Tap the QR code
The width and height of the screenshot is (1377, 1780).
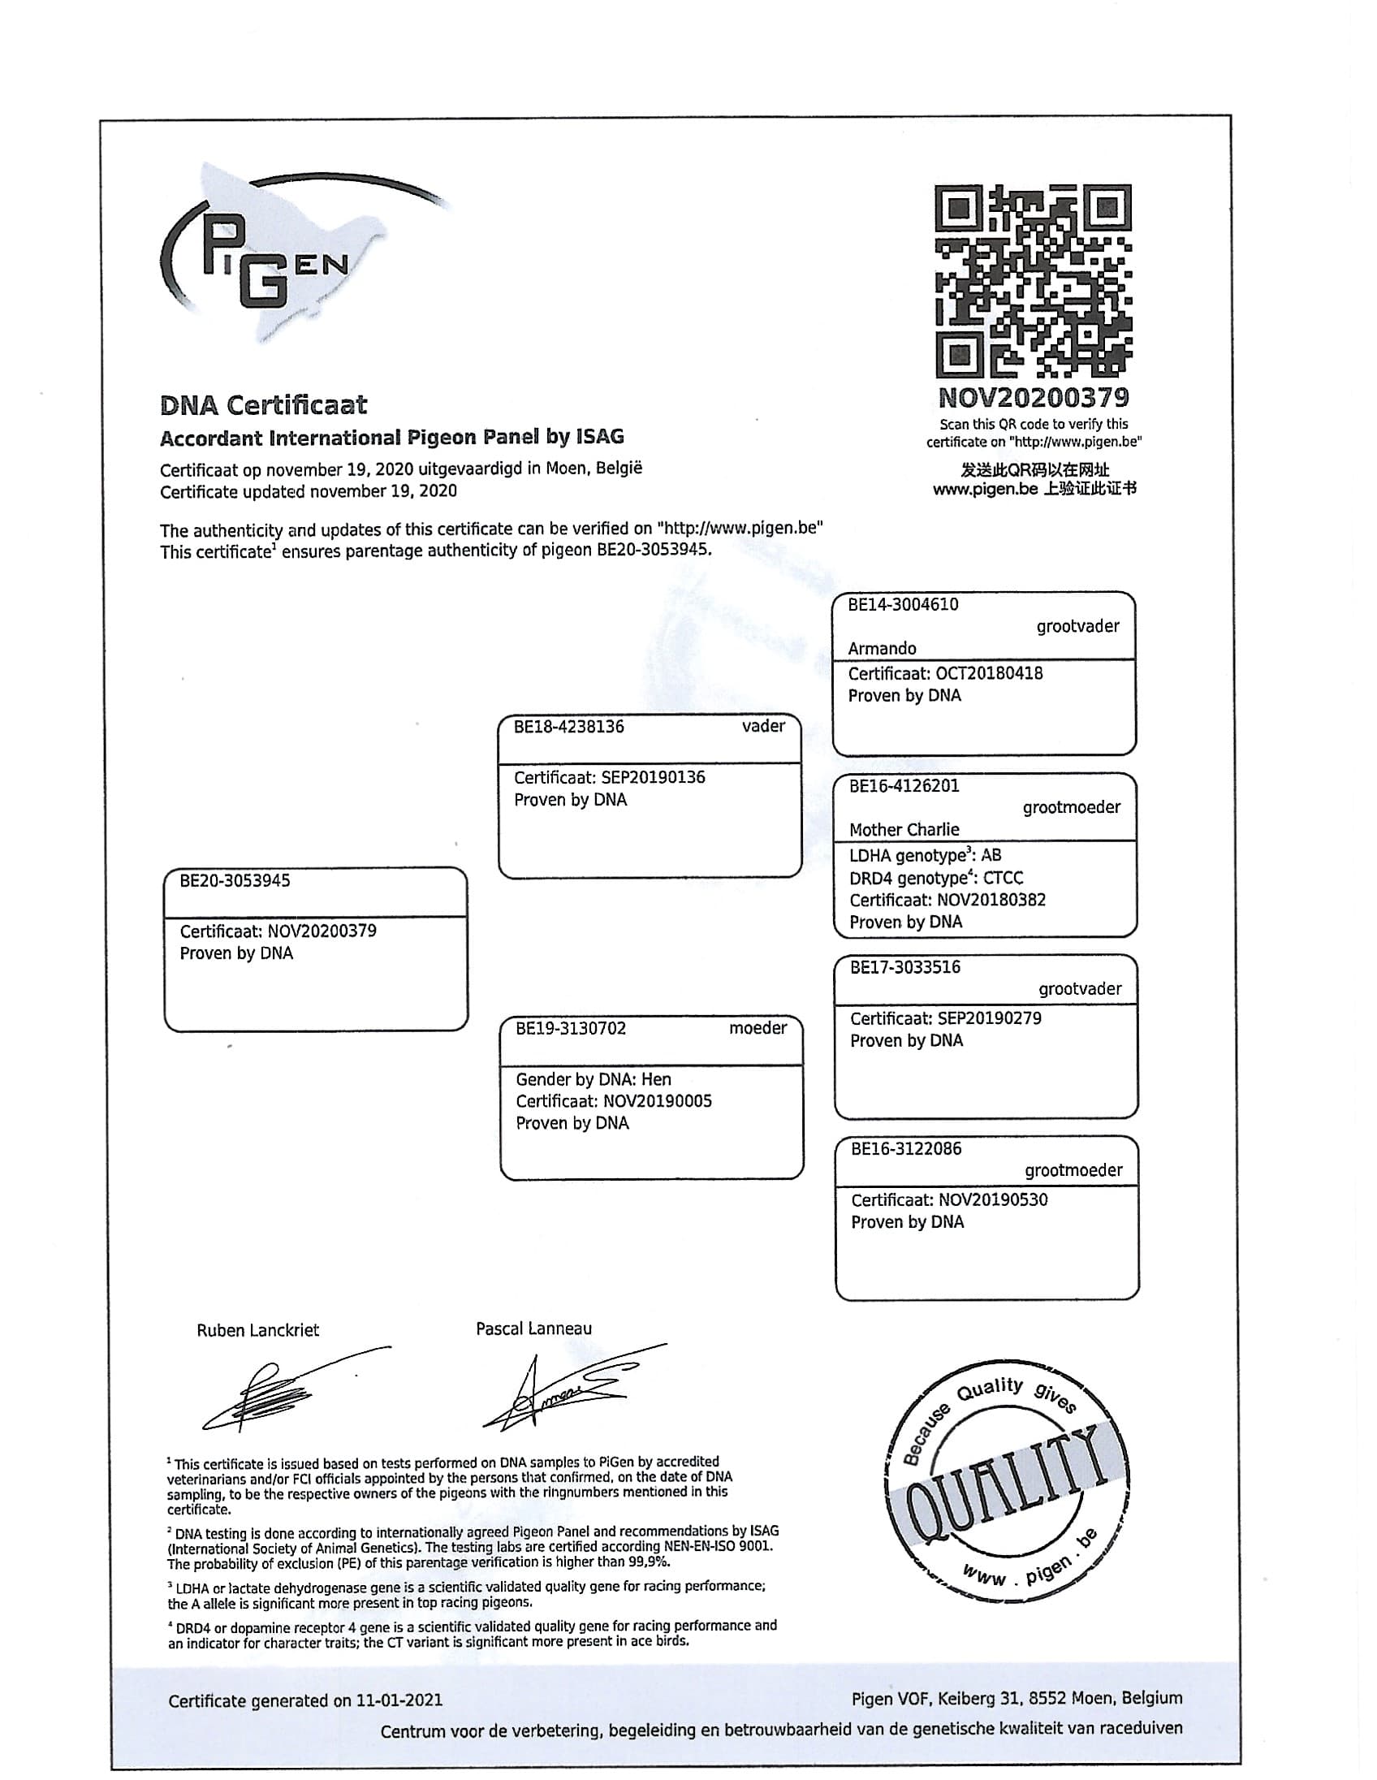pos(1032,281)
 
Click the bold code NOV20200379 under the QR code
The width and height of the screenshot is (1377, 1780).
pos(1034,399)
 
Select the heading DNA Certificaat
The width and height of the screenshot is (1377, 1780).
pos(263,405)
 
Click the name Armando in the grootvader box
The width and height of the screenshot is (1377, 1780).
pos(882,649)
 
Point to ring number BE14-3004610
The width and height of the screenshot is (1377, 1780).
pos(903,605)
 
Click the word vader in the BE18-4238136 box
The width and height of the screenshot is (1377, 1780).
pos(763,726)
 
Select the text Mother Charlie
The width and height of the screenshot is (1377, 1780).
pos(904,830)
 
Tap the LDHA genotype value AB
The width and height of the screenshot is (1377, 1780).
pos(991,855)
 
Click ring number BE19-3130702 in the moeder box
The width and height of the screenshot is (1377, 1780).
pos(570,1029)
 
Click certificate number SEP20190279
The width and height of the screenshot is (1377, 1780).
pos(989,1018)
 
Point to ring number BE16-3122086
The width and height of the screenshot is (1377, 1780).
pos(906,1149)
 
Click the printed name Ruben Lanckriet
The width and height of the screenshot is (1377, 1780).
pos(257,1330)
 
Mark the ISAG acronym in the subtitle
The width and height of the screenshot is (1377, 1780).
pos(599,437)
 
